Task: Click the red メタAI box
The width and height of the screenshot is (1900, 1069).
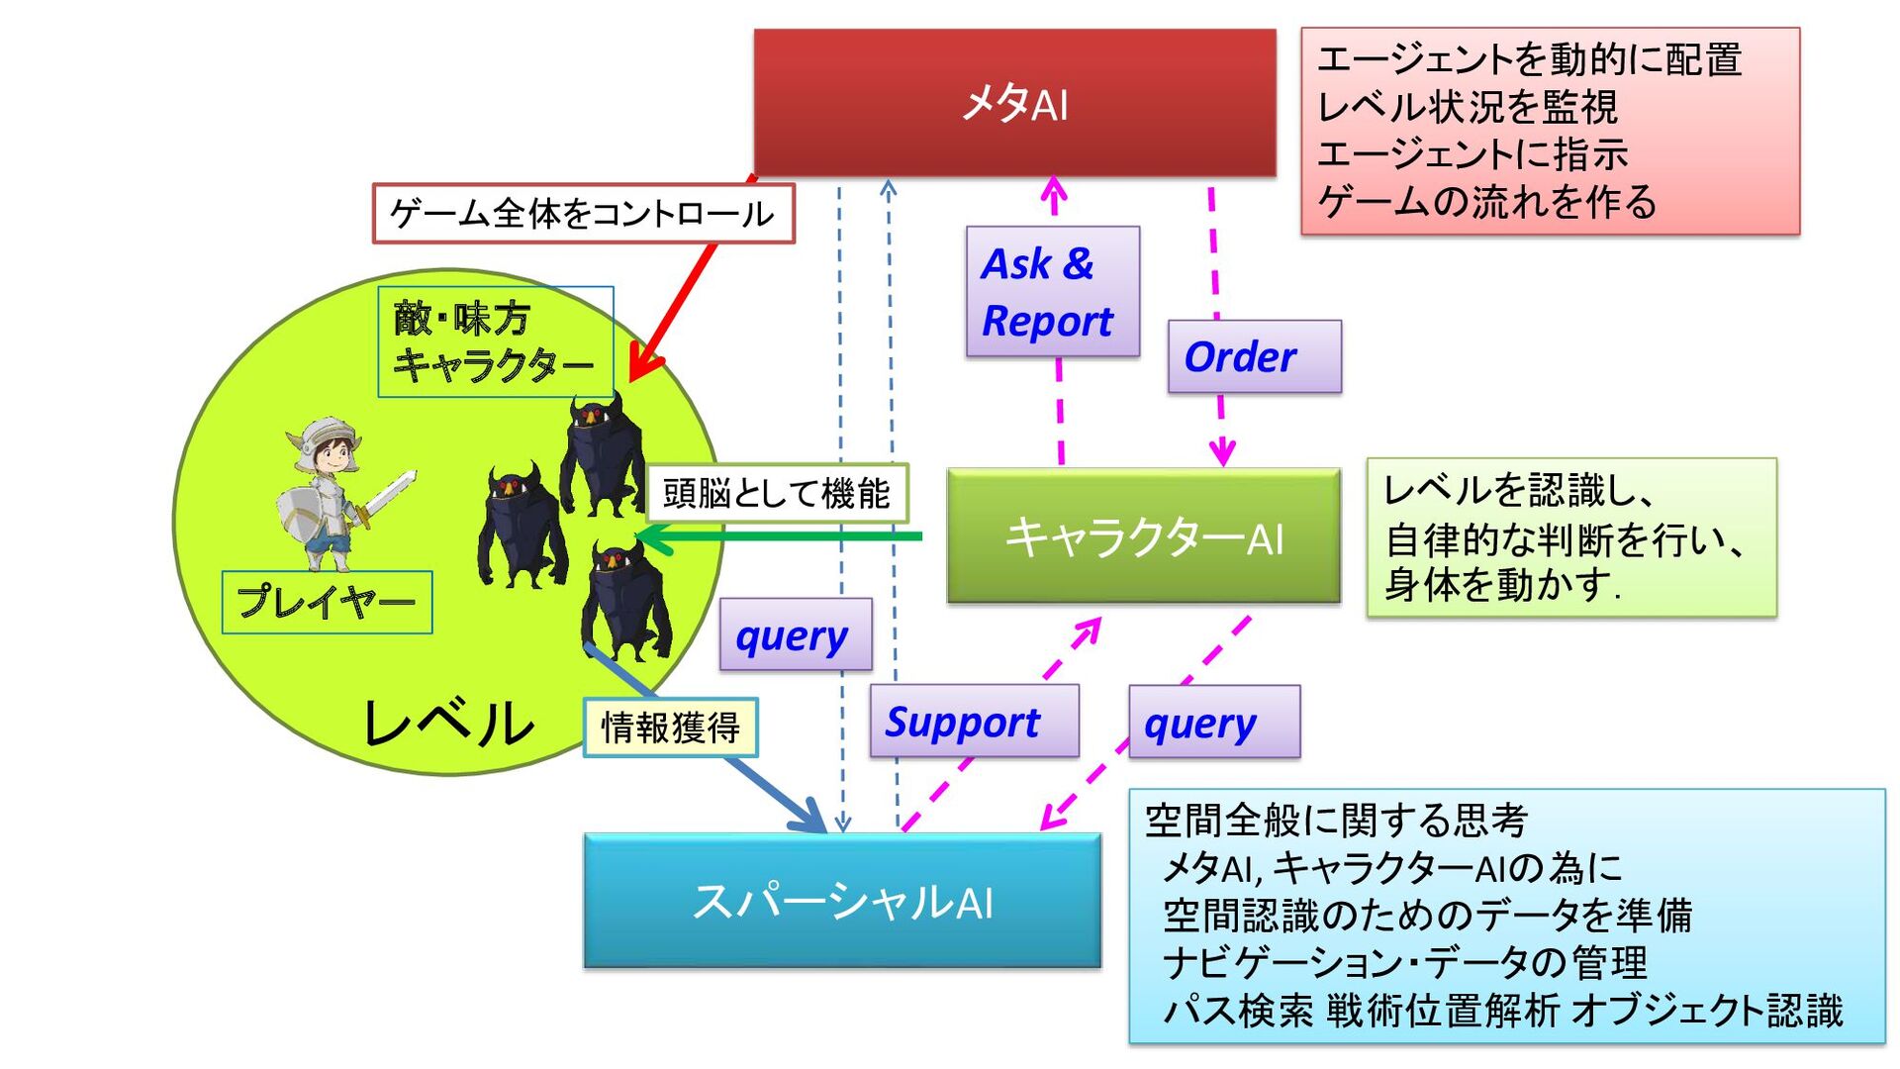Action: [1014, 103]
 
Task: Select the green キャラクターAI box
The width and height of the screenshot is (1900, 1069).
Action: [1143, 536]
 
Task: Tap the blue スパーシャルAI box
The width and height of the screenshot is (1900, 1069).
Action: [842, 901]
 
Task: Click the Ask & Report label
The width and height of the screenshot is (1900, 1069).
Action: [1052, 292]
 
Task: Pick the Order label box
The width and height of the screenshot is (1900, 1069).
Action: [1254, 356]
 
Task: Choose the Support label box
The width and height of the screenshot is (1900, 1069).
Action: [974, 722]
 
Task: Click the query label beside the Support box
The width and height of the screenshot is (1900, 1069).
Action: [1214, 723]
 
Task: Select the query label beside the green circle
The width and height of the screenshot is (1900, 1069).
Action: [796, 635]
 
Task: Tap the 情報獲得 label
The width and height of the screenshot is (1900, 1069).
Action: [670, 729]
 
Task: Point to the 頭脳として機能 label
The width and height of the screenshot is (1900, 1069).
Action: [777, 493]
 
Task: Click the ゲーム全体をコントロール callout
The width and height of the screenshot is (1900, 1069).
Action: [583, 214]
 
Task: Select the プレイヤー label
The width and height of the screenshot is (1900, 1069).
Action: [327, 602]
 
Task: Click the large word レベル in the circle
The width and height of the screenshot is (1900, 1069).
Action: [448, 723]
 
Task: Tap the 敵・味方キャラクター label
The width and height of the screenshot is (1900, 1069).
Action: [494, 342]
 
